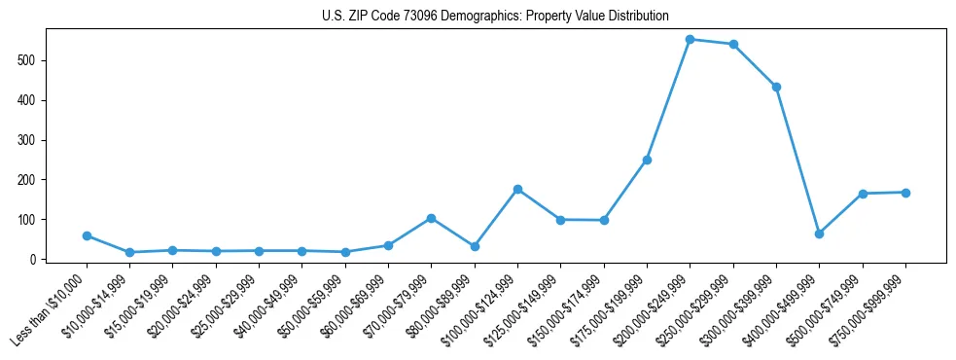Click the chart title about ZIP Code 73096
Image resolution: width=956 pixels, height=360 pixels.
[495, 17]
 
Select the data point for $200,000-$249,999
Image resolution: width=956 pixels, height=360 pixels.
[690, 39]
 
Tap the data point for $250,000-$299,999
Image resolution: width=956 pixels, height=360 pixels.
[733, 44]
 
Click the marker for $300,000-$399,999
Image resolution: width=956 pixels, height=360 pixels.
[776, 87]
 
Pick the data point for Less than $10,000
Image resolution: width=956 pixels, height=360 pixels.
[87, 235]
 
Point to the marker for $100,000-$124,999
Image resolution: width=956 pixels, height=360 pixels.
[517, 189]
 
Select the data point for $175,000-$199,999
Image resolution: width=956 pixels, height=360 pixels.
[647, 160]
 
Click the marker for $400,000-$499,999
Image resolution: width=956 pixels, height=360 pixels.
[819, 234]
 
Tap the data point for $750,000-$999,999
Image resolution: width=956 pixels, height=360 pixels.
[905, 193]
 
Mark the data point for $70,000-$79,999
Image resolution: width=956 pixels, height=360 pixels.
[431, 218]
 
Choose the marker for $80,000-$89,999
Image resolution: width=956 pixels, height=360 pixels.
[475, 246]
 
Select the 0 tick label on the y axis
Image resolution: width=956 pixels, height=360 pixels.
[34, 260]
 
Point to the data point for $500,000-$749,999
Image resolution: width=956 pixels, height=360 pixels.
[863, 194]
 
